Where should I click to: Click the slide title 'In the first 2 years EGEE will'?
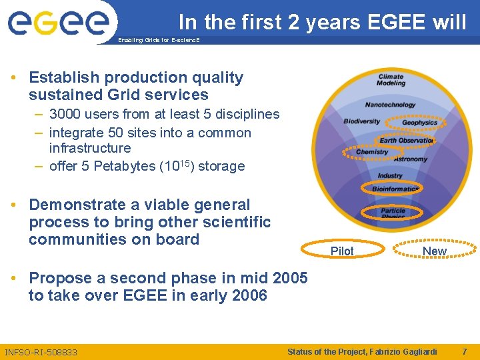pos(322,22)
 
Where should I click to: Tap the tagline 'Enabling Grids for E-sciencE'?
pos(158,41)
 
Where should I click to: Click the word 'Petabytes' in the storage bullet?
pos(121,166)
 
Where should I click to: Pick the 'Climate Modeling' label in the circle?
pos(391,80)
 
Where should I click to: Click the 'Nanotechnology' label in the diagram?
pos(390,105)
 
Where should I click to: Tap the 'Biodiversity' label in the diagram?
pos(361,121)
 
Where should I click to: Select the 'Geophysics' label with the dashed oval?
pos(419,123)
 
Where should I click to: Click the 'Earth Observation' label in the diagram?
pos(406,140)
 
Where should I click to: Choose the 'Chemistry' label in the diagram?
pos(372,152)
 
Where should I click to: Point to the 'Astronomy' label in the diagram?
pos(411,159)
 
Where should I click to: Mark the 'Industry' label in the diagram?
pos(390,175)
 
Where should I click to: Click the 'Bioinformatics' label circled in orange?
pos(395,189)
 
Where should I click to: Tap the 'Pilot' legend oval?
pos(342,251)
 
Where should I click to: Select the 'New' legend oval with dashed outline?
pos(434,251)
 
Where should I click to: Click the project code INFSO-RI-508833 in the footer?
pos(41,352)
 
